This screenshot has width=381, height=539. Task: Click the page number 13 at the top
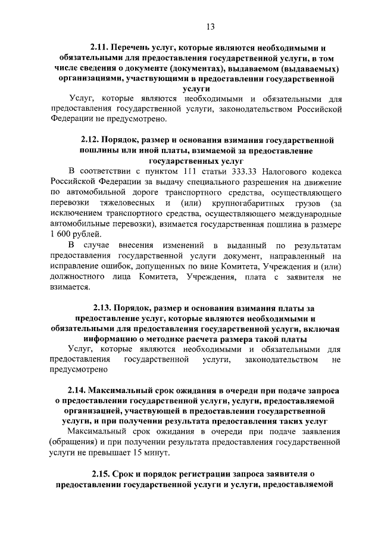[x=210, y=26]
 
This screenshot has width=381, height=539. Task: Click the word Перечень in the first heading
[x=134, y=46]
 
